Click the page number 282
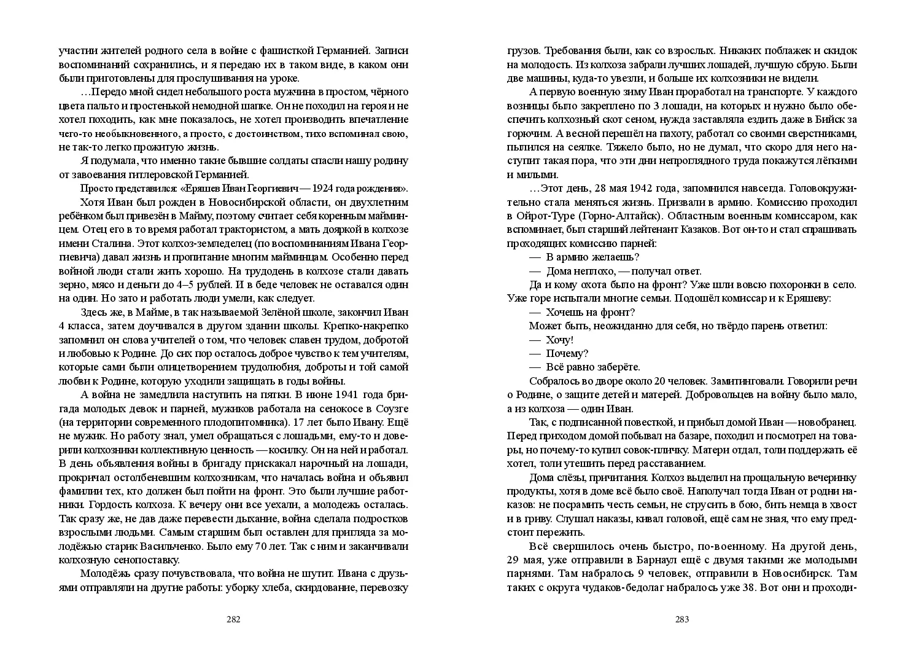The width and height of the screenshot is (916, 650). [x=233, y=619]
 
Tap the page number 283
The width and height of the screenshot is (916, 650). [x=682, y=619]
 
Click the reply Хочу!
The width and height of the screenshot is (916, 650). [x=559, y=340]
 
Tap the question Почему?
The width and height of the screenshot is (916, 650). [x=567, y=354]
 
